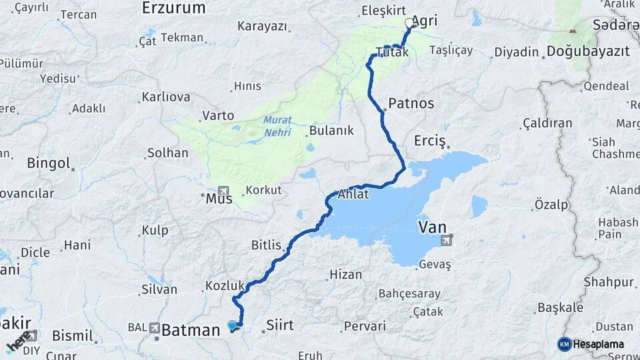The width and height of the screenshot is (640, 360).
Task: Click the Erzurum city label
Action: [x=173, y=8]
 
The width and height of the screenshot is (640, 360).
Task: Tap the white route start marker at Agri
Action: [x=409, y=23]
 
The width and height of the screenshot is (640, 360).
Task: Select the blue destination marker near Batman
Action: [x=232, y=325]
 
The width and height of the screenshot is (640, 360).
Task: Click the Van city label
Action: [x=432, y=228]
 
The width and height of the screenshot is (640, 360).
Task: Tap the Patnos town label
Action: [x=411, y=103]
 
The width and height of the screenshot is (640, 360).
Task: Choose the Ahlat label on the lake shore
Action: [x=353, y=195]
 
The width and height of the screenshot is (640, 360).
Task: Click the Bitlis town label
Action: [x=266, y=245]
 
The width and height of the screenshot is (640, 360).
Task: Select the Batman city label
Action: [x=191, y=329]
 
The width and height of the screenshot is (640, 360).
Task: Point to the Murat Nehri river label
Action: [x=277, y=126]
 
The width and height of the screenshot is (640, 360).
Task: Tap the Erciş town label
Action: [x=429, y=141]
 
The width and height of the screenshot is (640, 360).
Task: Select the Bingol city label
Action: [x=49, y=163]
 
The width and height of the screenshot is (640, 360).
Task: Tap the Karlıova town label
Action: [x=165, y=97]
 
